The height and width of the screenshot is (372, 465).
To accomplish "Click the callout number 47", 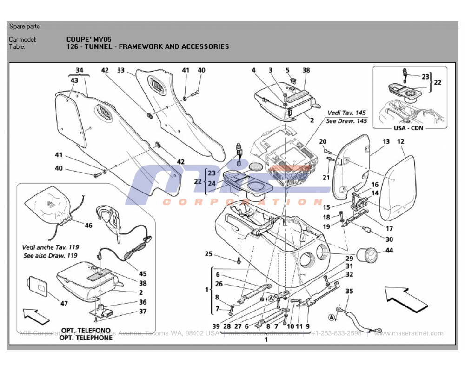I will (64, 304).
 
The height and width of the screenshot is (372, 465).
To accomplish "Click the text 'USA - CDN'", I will (409, 128).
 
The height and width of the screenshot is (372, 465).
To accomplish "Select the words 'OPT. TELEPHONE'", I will (86, 338).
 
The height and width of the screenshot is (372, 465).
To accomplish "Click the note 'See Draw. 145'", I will (346, 121).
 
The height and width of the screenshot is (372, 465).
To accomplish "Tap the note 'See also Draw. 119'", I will (50, 256).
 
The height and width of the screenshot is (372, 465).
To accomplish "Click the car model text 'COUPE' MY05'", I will (89, 40).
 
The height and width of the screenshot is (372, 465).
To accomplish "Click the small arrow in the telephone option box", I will (35, 317).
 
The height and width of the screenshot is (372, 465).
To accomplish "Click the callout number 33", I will (120, 70).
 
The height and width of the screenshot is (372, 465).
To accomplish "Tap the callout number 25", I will (208, 254).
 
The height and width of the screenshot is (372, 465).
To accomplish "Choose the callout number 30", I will (389, 239).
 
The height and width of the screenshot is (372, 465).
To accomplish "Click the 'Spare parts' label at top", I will (24, 27).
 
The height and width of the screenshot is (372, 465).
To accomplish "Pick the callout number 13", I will (386, 141).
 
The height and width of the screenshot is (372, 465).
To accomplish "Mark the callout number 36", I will (143, 302).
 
